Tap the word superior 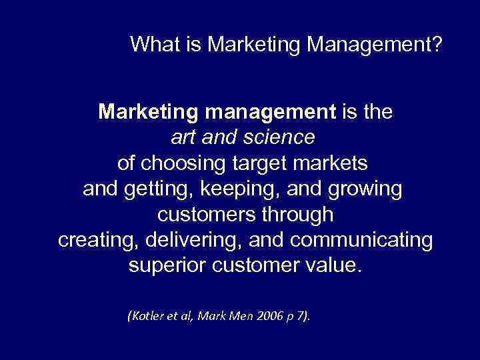tap(166, 267)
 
